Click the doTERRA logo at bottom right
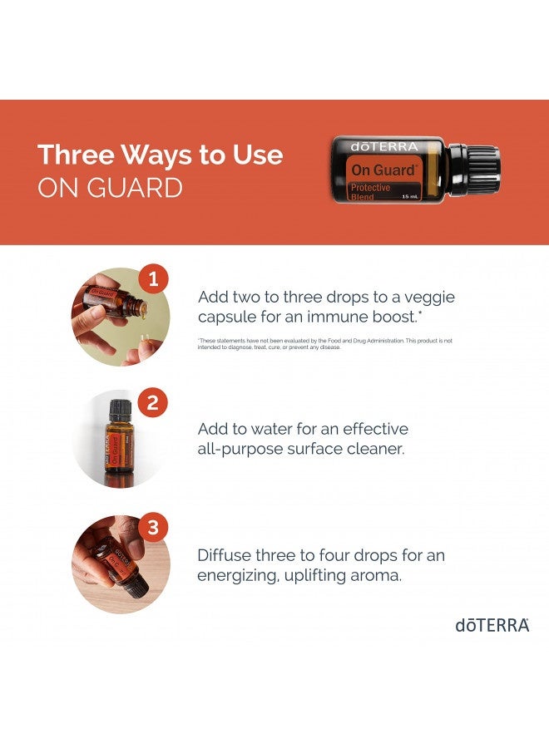click(x=492, y=625)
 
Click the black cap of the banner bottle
click(x=479, y=170)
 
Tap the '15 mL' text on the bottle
click(x=410, y=196)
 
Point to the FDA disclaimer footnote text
click(x=324, y=344)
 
